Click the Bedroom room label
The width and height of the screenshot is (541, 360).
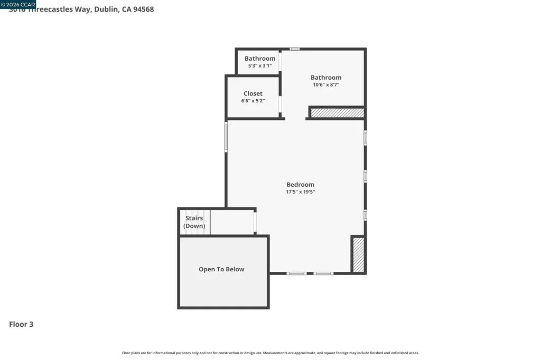300,185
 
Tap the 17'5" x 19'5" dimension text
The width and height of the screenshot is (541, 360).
300,192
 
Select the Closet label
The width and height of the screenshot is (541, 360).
253,93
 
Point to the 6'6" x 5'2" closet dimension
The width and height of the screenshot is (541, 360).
253,101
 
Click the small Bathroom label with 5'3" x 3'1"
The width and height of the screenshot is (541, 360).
260,59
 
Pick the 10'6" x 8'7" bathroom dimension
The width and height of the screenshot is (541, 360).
326,84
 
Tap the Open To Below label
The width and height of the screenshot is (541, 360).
221,269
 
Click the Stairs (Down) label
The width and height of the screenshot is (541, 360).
194,222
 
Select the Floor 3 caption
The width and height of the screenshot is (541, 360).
21,324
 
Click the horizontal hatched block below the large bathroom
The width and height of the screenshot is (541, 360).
337,112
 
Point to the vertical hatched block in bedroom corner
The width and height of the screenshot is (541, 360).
358,255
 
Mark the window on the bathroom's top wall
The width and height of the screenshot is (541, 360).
295,49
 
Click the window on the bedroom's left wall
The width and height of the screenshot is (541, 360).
226,137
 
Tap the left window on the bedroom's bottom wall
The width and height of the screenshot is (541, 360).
296,273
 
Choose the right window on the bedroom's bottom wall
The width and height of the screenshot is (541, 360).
323,273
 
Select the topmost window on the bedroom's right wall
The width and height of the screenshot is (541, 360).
365,137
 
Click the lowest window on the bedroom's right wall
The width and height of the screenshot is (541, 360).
365,215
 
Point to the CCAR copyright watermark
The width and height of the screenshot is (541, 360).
18,4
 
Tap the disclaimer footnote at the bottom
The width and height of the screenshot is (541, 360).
270,353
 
